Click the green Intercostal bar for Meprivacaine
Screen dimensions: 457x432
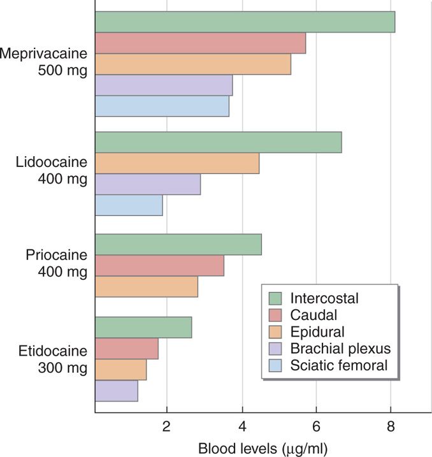coord(245,22)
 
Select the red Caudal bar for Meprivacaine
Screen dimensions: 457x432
coord(200,43)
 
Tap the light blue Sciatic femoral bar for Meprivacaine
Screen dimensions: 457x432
coord(162,106)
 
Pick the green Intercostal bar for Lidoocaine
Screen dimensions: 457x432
coord(218,142)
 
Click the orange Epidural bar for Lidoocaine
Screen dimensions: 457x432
coord(177,163)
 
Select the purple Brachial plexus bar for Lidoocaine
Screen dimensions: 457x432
coord(148,184)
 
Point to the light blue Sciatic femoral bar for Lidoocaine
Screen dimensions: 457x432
coord(129,205)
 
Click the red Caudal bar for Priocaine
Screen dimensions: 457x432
coord(159,265)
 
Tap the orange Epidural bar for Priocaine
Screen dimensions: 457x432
coord(147,286)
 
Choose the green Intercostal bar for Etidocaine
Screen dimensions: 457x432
coord(143,328)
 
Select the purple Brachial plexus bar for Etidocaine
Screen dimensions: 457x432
coord(117,391)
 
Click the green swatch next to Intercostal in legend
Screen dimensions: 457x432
coord(275,298)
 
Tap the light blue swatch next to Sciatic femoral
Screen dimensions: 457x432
coord(275,365)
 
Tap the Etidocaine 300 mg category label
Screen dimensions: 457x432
coord(54,359)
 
